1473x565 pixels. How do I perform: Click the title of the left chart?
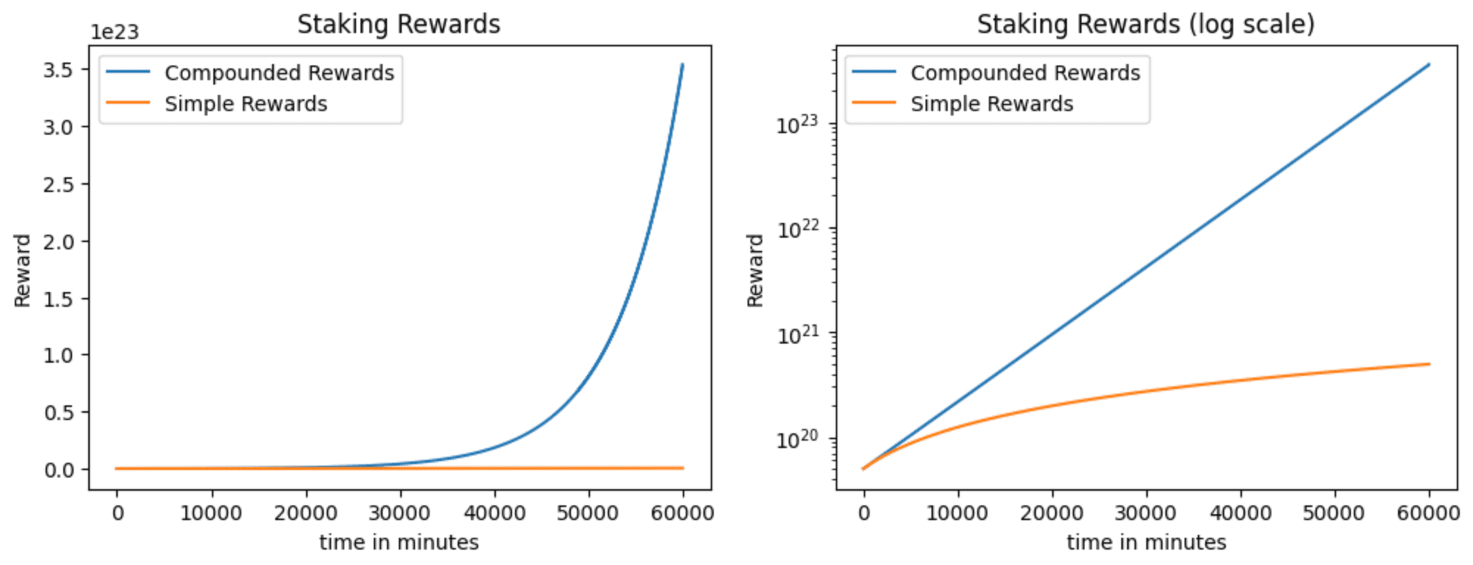[x=398, y=24]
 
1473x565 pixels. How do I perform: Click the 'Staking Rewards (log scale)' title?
[x=1146, y=24]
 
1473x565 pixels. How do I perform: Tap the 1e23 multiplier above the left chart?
[x=115, y=32]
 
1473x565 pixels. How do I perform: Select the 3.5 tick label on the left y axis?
[x=58, y=70]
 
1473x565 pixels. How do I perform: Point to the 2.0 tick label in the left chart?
[x=58, y=241]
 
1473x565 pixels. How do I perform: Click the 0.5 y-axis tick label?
[x=58, y=413]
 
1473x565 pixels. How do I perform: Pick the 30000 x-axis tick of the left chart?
[x=400, y=513]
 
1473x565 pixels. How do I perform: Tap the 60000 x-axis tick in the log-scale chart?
[x=1428, y=513]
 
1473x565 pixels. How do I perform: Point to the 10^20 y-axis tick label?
[x=797, y=440]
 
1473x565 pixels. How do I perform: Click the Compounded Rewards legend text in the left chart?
[x=279, y=73]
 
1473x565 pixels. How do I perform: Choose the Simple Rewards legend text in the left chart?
[x=246, y=104]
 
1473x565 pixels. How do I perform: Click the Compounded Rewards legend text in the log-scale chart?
[x=1025, y=73]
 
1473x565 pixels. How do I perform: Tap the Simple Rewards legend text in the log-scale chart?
[x=992, y=104]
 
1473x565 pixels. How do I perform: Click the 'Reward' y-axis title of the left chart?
[x=22, y=270]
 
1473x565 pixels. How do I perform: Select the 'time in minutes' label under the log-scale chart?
[x=1146, y=543]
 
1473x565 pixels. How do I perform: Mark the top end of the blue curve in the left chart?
[x=683, y=65]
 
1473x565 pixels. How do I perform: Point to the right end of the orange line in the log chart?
[x=1429, y=364]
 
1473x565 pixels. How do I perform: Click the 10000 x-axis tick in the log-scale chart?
[x=957, y=513]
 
